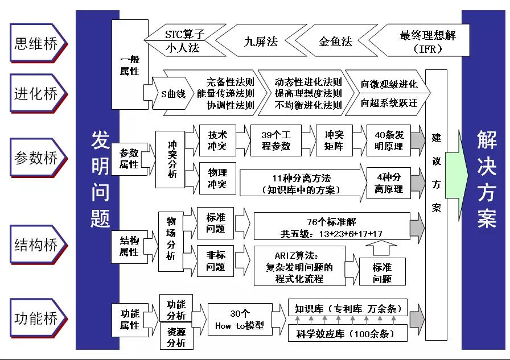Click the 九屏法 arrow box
coord(260,42)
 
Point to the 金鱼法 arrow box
coord(335,42)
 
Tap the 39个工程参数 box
coord(276,140)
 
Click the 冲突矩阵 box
coord(334,140)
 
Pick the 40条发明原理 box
coord(389,140)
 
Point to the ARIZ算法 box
coord(299,266)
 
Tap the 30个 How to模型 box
coord(240,320)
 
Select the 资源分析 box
coord(176,336)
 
